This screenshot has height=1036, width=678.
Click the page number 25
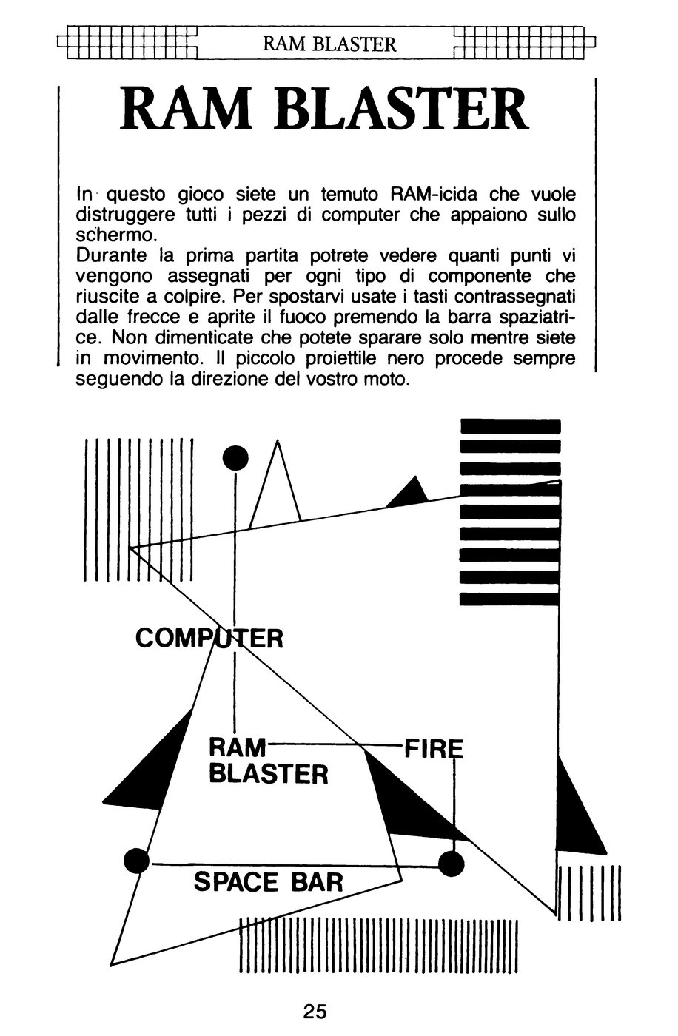(315, 1012)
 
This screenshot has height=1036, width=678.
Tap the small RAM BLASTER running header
(329, 44)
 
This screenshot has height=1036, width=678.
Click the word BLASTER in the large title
(400, 110)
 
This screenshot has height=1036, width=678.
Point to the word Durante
(111, 256)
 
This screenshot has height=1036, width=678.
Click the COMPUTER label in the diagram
(209, 639)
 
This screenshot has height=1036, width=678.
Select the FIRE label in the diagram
(433, 749)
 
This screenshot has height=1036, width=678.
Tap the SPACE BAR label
(268, 882)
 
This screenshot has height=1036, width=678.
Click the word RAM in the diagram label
(238, 747)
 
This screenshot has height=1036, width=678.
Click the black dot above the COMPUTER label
(235, 458)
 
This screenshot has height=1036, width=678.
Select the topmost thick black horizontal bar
(510, 426)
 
